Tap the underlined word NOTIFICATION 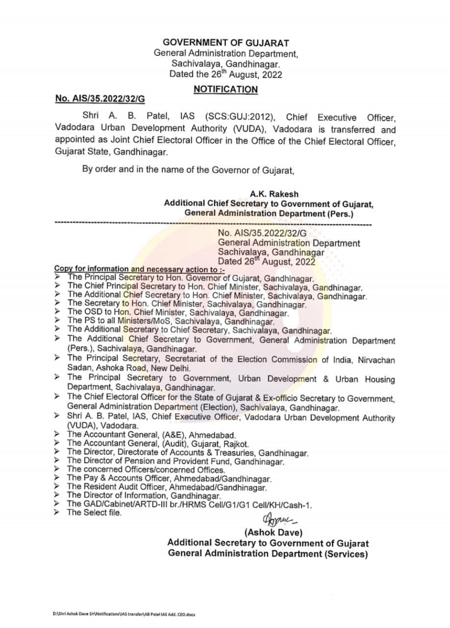tap(225, 89)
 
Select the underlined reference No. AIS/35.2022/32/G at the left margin tap(100, 99)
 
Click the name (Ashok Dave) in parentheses tap(274, 532)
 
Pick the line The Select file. tap(94, 513)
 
